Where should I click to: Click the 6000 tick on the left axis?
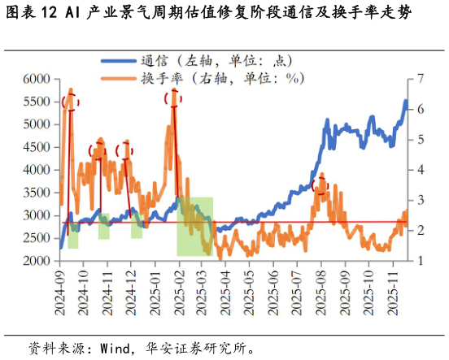click(37, 79)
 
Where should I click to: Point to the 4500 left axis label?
click(37, 147)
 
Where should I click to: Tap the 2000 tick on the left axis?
click(37, 261)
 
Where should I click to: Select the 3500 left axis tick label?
click(37, 193)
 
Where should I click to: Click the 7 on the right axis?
click(420, 79)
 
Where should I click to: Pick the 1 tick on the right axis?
click(420, 261)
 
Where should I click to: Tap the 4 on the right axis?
click(420, 170)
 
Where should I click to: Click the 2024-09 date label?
click(59, 288)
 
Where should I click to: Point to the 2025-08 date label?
click(321, 288)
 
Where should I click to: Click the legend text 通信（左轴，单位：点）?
click(216, 61)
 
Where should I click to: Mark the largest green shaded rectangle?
click(195, 226)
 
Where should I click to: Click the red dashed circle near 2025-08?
click(320, 185)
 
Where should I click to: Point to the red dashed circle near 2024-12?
click(124, 150)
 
